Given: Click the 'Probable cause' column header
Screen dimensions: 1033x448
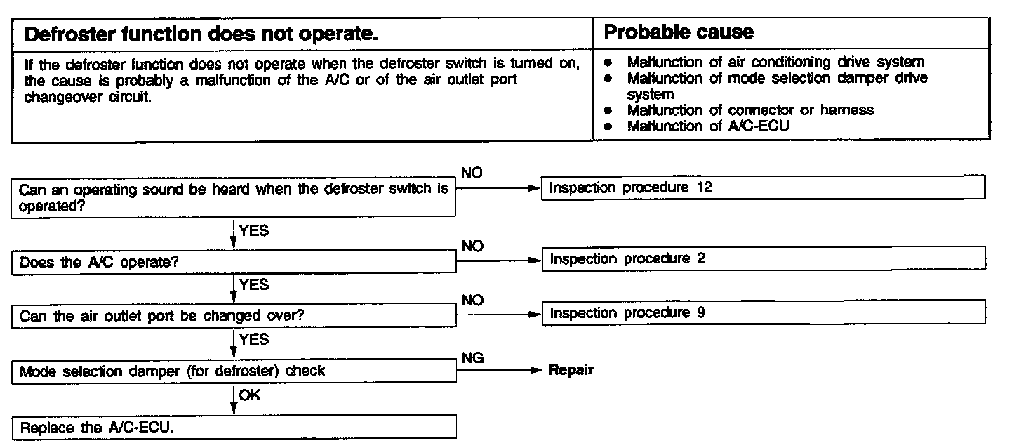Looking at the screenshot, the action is point(679,32).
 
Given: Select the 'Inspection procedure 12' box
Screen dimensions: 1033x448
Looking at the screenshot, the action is point(763,187).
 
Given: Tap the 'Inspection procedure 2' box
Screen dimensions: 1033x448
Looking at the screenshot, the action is point(763,258).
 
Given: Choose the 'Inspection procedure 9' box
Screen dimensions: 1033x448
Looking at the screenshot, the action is point(763,312).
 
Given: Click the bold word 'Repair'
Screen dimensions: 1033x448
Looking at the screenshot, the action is point(571,370).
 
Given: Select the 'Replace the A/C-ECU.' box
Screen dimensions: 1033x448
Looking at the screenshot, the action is point(234,428).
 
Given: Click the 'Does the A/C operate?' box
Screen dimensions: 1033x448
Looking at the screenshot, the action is point(234,263).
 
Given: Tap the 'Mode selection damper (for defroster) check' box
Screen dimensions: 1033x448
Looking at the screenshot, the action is point(234,370).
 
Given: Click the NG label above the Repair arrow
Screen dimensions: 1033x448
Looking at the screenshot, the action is point(472,358).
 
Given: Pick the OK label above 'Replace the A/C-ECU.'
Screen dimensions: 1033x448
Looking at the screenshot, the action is point(249,395).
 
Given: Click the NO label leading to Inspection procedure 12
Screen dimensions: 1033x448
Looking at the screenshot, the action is point(472,173).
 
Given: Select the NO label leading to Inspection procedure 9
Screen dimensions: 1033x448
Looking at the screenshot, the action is point(472,300).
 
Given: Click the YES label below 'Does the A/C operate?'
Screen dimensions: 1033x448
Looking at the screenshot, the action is point(253,284).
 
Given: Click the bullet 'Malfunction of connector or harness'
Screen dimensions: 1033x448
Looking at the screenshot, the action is point(749,110).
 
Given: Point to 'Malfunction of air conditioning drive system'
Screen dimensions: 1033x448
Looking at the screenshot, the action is point(775,62).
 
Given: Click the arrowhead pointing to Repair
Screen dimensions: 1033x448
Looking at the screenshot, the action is point(536,370).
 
